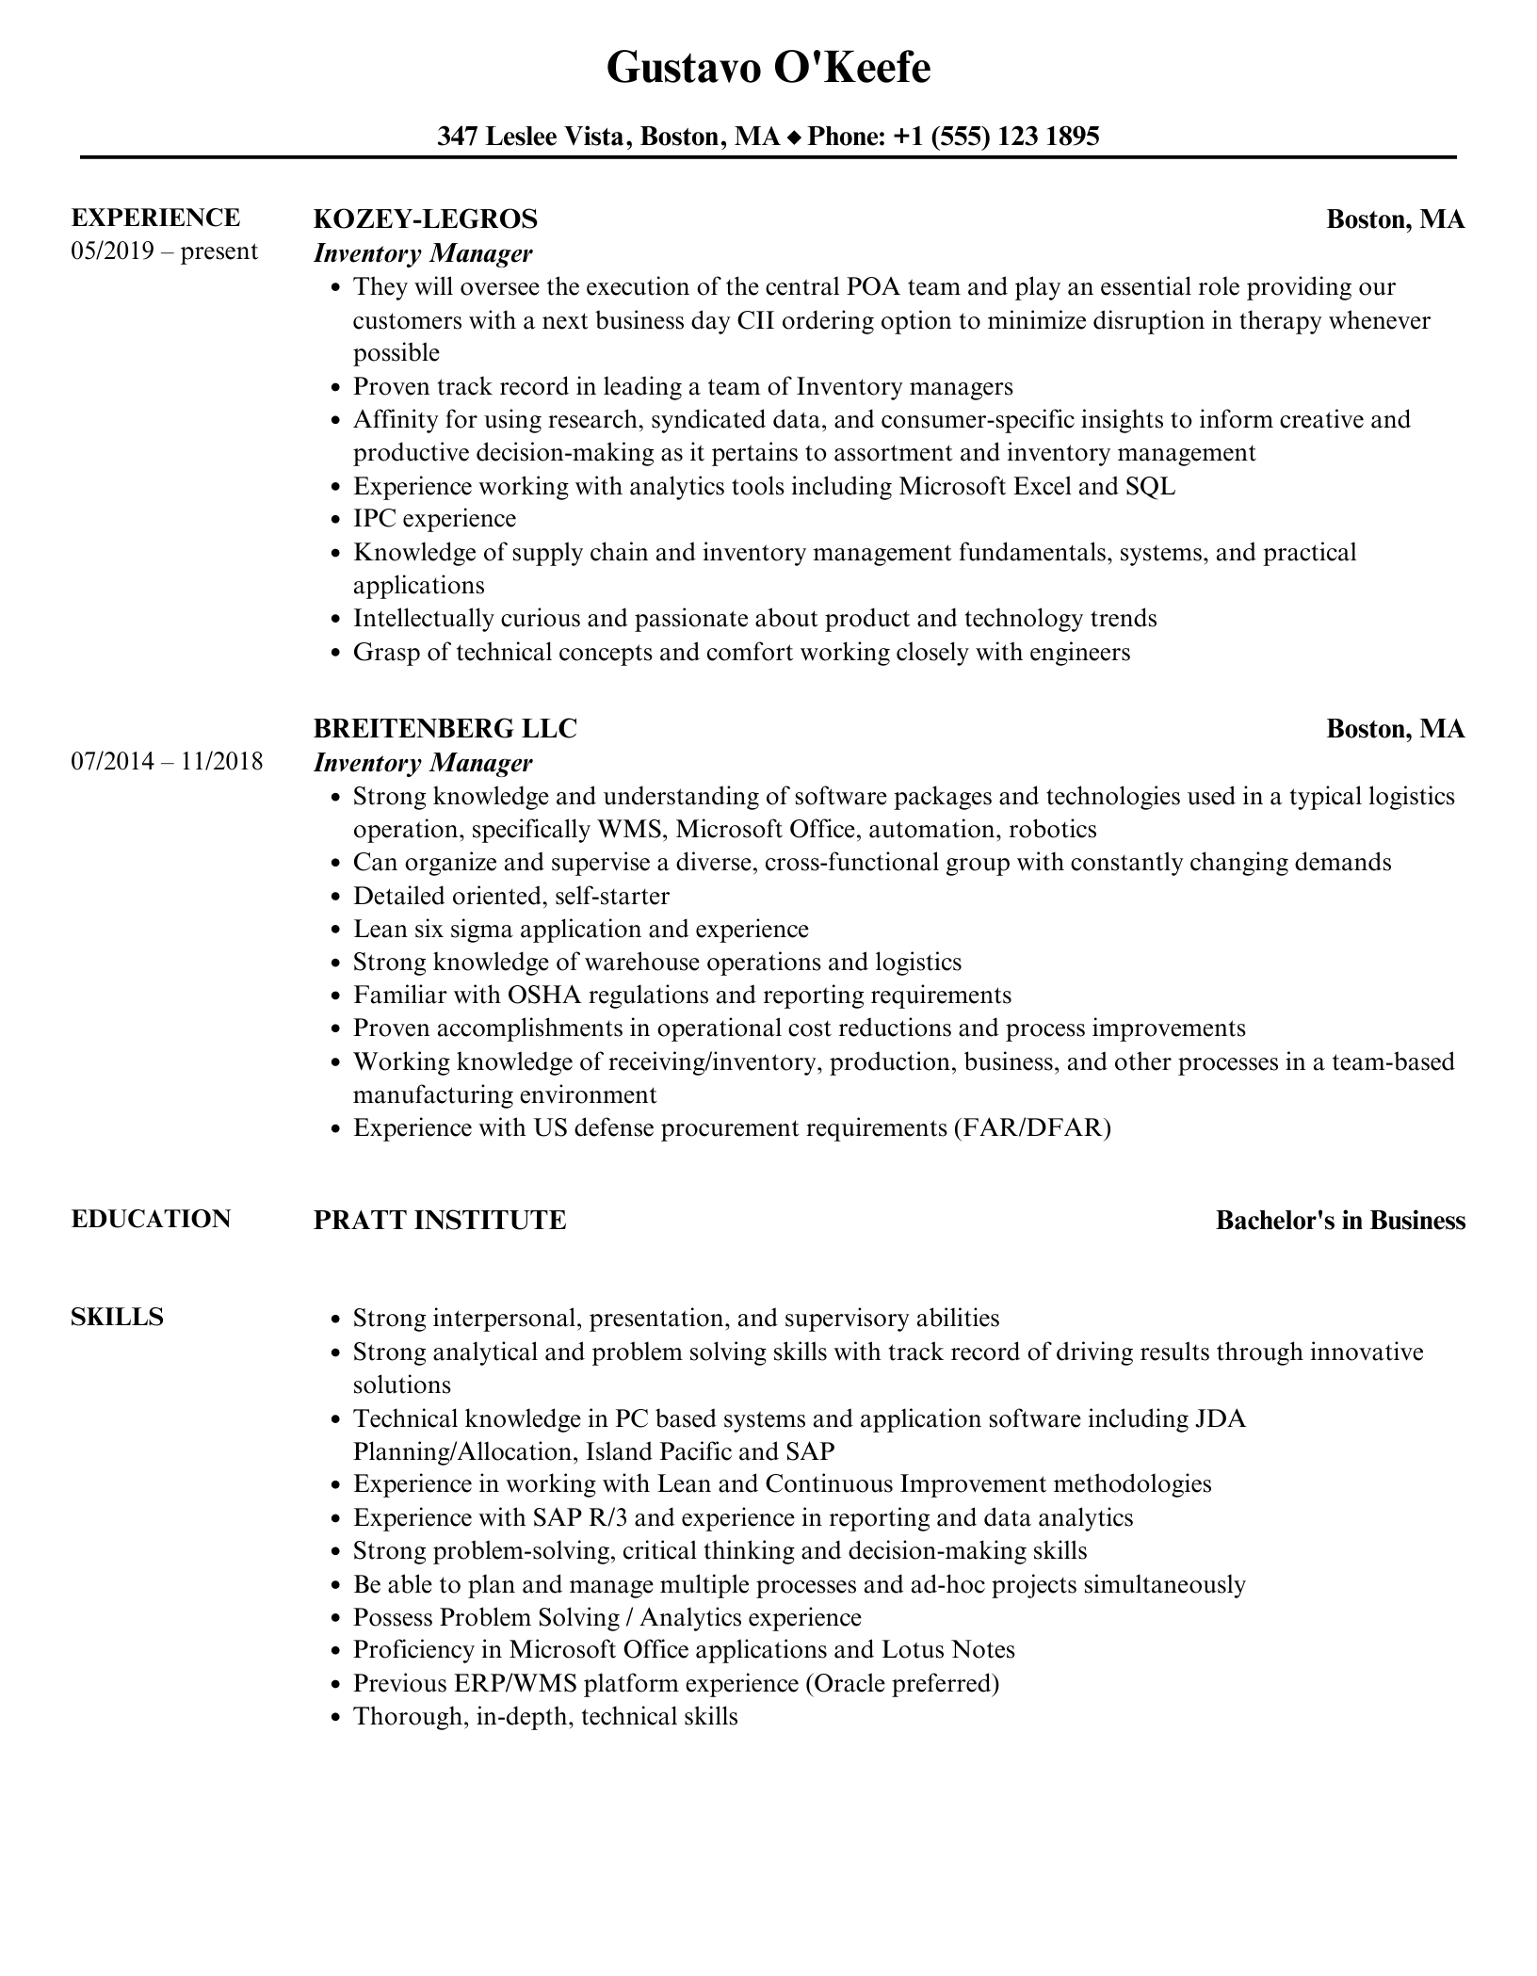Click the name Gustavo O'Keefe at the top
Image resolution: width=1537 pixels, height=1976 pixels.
click(x=768, y=69)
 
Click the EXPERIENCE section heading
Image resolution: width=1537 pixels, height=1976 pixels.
click(x=155, y=219)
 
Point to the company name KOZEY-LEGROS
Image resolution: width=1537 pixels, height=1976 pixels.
click(x=425, y=219)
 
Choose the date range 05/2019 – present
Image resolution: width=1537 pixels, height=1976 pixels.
click(x=164, y=251)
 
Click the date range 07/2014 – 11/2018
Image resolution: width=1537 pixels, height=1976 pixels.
click(x=167, y=761)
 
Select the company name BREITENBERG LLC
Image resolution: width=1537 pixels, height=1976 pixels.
click(x=445, y=729)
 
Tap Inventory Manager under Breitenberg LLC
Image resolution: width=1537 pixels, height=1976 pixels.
click(x=423, y=763)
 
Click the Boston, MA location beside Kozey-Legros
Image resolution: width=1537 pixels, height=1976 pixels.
click(x=1395, y=219)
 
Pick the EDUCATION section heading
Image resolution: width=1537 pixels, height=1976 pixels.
click(x=151, y=1219)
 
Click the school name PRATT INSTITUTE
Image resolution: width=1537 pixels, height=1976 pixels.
click(x=440, y=1221)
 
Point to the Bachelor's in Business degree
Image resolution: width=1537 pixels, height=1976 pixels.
click(x=1340, y=1221)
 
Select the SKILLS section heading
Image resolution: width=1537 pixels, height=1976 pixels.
click(x=117, y=1317)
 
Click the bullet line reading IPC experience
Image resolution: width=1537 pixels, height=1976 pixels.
click(x=434, y=519)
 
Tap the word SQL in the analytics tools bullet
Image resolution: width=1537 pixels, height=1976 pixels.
click(x=1150, y=486)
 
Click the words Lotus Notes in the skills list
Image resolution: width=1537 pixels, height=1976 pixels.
click(x=947, y=1649)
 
